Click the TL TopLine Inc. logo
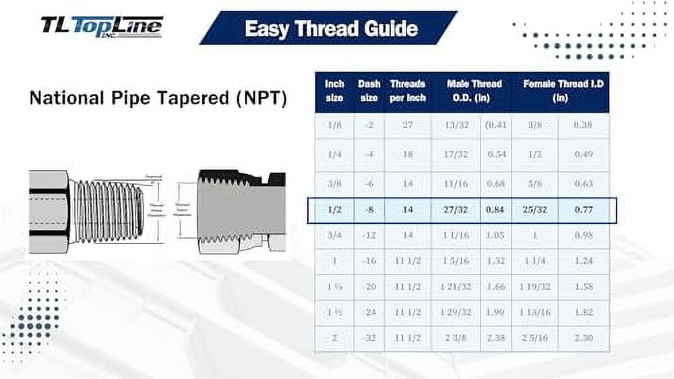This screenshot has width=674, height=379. pyautogui.click(x=101, y=26)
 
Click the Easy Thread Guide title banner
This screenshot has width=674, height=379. pyautogui.click(x=330, y=28)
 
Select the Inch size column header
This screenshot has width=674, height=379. pyautogui.click(x=334, y=91)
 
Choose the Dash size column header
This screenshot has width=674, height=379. pyautogui.click(x=369, y=91)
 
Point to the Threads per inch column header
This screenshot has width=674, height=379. pyautogui.click(x=407, y=91)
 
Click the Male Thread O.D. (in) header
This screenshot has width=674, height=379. pyautogui.click(x=474, y=91)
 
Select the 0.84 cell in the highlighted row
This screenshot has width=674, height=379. pyautogui.click(x=496, y=210)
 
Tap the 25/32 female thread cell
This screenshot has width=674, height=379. pyautogui.click(x=534, y=210)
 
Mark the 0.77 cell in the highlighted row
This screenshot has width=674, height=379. pyautogui.click(x=584, y=210)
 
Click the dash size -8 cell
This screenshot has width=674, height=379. pyautogui.click(x=369, y=210)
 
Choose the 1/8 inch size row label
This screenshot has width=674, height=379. pyautogui.click(x=334, y=125)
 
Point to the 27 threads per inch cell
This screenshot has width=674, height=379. pyautogui.click(x=407, y=125)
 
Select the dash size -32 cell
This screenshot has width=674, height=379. pyautogui.click(x=369, y=338)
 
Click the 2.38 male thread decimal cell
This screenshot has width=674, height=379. pyautogui.click(x=496, y=338)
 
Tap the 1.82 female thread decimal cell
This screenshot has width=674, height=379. pyautogui.click(x=584, y=312)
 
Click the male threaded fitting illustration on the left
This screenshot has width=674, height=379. pyautogui.click(x=88, y=211)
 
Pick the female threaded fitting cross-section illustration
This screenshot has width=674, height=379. pyautogui.click(x=239, y=211)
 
